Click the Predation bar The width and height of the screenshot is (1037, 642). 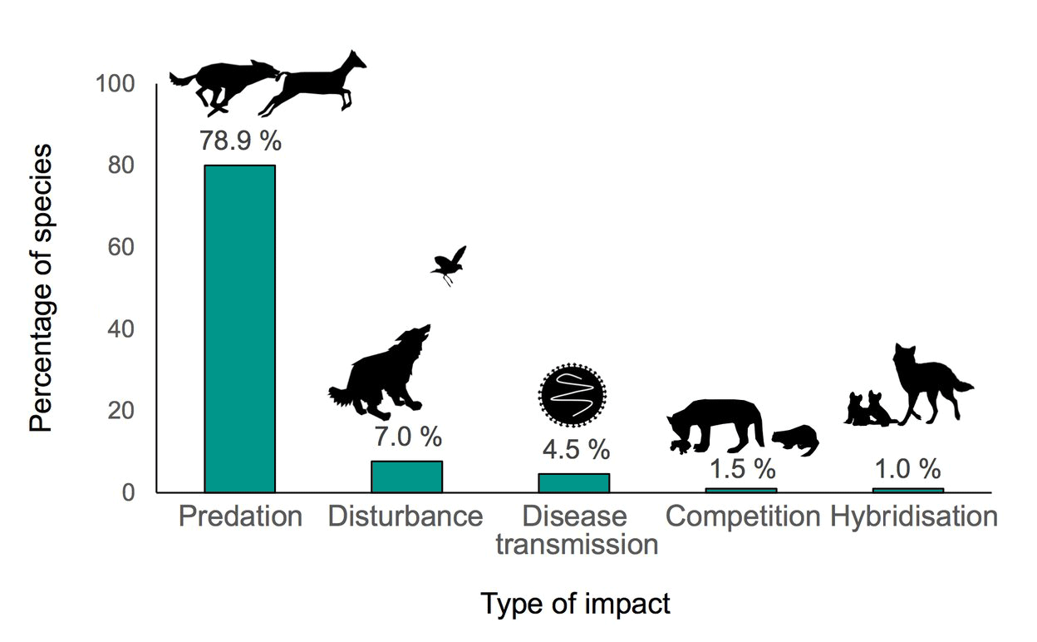[x=239, y=328]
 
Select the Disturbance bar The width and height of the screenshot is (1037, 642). [x=406, y=477]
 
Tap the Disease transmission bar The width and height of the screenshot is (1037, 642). [x=573, y=482]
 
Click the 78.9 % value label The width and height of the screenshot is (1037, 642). [x=240, y=141]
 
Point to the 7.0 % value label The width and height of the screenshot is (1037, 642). [x=407, y=435]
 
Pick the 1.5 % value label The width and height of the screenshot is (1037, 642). [x=741, y=468]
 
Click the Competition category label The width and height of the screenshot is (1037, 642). [x=743, y=516]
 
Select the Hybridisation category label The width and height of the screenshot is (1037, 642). [x=914, y=516]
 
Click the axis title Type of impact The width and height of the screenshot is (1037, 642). [x=575, y=604]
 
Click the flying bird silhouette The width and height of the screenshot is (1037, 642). [x=450, y=264]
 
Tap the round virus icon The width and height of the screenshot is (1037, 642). [x=573, y=395]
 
